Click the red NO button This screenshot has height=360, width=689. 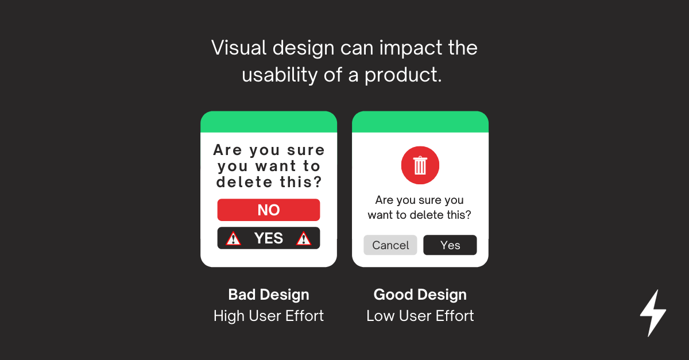[x=269, y=210]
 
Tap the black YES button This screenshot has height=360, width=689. [x=269, y=238]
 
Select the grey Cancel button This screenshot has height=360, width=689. [x=390, y=245]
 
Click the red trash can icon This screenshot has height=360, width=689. [x=420, y=165]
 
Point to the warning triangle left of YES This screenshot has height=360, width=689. [x=234, y=238]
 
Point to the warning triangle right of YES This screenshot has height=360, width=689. [x=304, y=238]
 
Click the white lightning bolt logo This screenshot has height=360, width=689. [x=653, y=313]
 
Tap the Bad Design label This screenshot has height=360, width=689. [x=269, y=295]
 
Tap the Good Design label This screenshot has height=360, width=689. [x=420, y=295]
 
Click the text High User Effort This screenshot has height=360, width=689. [x=269, y=316]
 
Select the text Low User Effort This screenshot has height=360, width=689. [x=420, y=316]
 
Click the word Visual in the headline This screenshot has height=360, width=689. [x=239, y=48]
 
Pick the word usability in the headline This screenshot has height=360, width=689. [x=280, y=75]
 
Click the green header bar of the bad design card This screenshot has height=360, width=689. [x=269, y=122]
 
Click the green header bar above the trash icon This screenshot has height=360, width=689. [x=420, y=122]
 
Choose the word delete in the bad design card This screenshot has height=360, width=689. [x=244, y=182]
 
